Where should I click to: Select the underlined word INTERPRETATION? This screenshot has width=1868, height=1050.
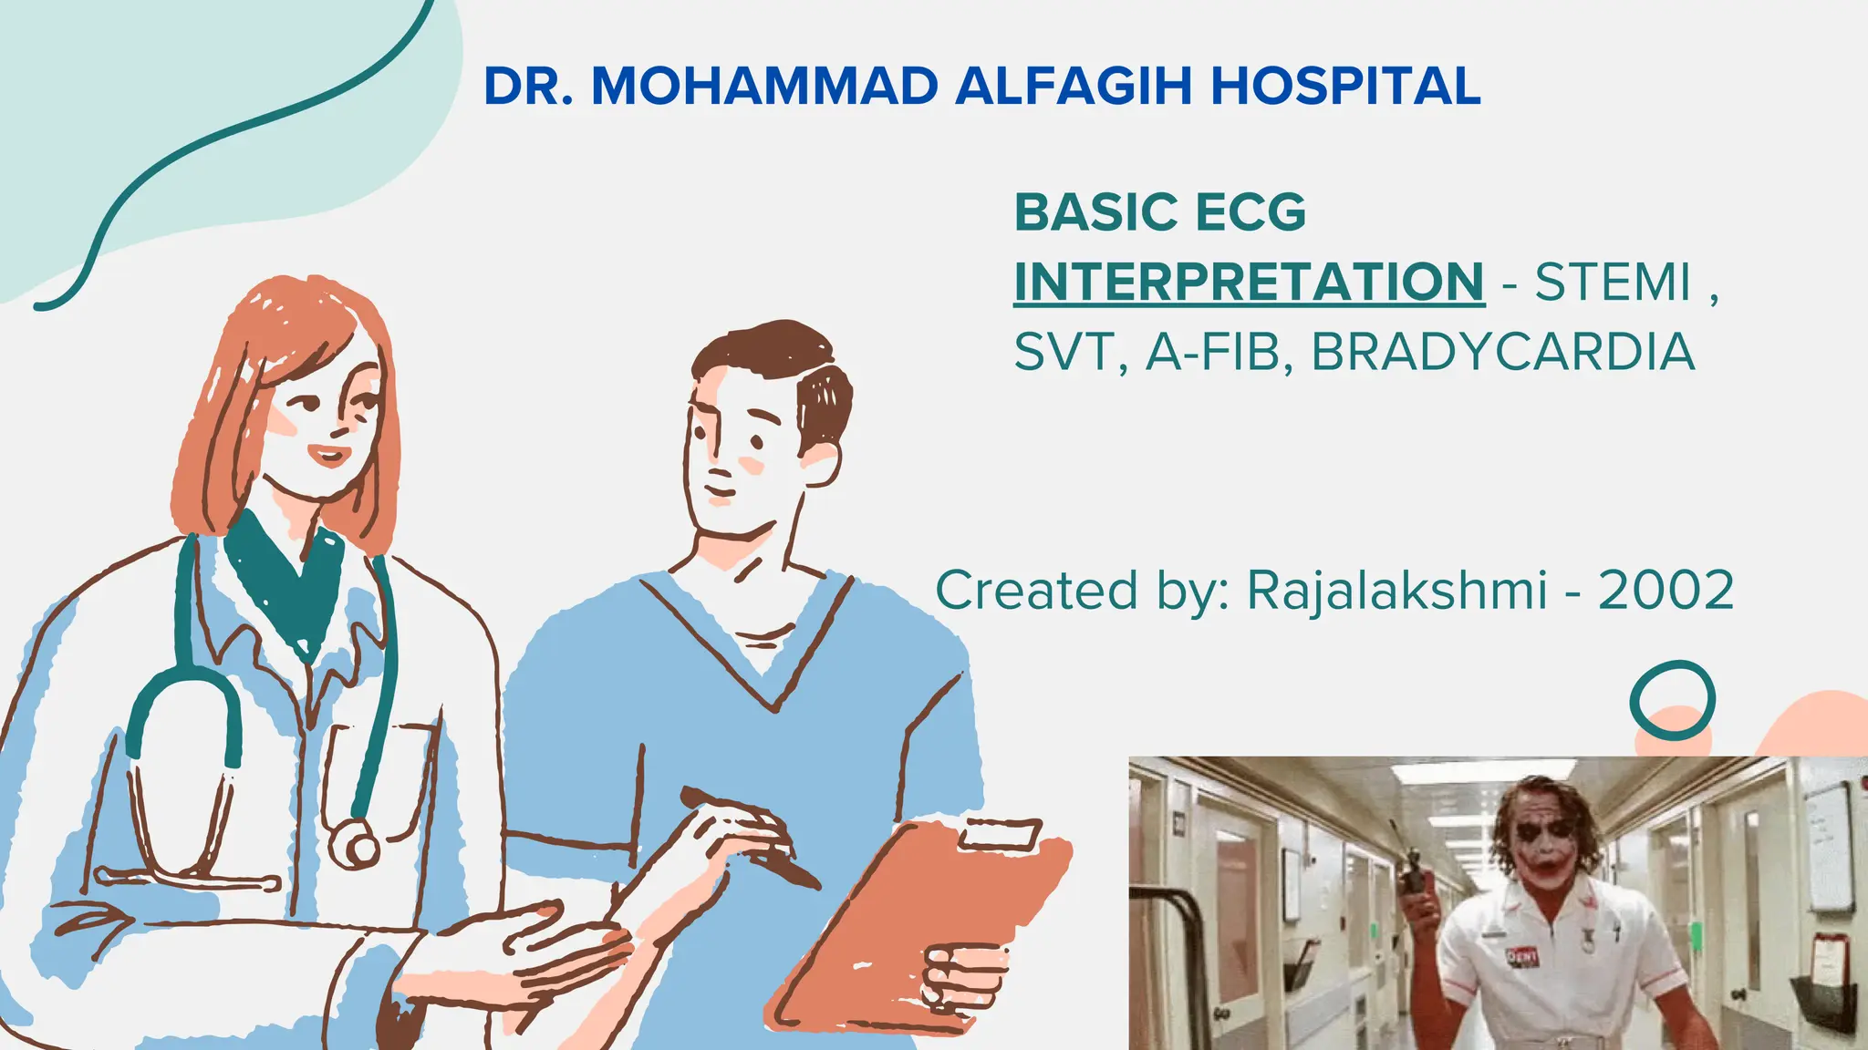point(1249,282)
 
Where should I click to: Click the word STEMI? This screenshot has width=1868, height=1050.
point(1613,282)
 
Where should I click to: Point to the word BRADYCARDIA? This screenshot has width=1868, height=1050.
point(1502,352)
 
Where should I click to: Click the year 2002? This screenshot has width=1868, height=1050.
point(1666,590)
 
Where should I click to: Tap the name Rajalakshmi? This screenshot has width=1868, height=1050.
point(1396,590)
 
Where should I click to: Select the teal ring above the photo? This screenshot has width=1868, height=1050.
point(1672,700)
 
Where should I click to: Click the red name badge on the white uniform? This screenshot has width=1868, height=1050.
point(1521,956)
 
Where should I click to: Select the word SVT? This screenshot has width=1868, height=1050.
point(1065,352)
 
